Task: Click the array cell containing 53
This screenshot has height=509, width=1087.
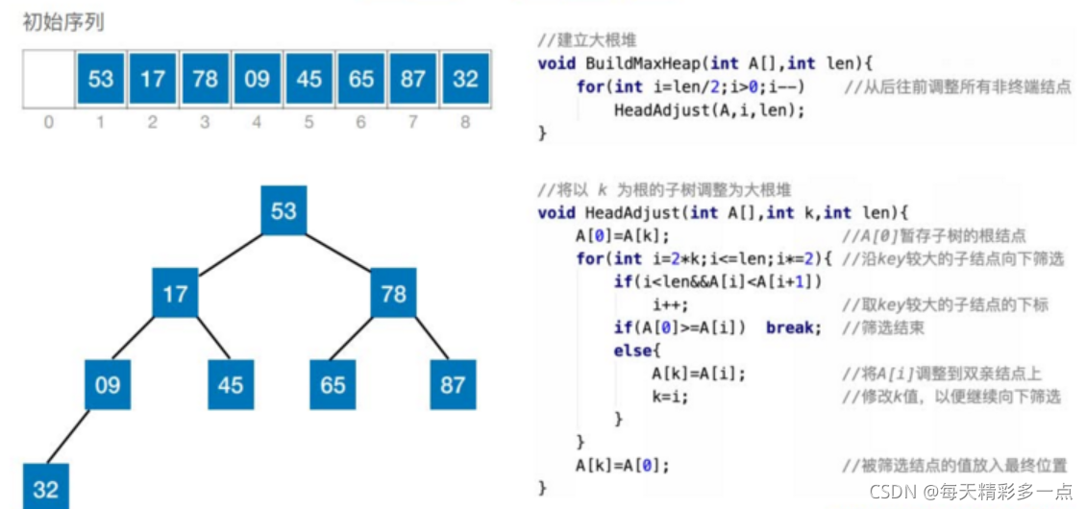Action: click(101, 79)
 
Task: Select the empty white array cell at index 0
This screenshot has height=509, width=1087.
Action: click(48, 79)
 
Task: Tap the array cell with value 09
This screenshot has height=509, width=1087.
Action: click(257, 79)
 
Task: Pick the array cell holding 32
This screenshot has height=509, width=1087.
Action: click(464, 79)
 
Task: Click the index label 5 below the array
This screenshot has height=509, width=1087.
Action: click(309, 123)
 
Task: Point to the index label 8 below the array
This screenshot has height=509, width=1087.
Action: click(464, 123)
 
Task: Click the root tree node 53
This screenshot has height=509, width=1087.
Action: click(284, 209)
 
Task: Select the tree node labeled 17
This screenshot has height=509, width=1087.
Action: click(175, 294)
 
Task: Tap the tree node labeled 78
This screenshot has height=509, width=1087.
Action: click(394, 294)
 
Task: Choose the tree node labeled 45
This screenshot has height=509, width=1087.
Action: click(231, 384)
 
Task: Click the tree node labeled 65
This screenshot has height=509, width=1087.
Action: click(333, 384)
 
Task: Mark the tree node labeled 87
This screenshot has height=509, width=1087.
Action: click(453, 384)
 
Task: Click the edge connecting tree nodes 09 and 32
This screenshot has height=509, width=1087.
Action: click(68, 436)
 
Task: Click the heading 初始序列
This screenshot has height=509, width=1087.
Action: click(63, 24)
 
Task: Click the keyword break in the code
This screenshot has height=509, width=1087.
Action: click(793, 327)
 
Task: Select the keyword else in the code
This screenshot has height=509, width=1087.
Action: click(631, 351)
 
